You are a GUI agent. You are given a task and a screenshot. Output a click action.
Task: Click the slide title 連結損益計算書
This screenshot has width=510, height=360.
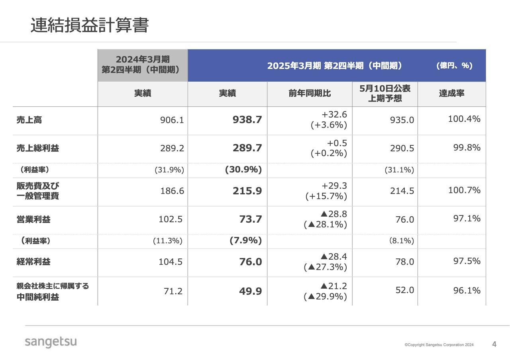(89, 25)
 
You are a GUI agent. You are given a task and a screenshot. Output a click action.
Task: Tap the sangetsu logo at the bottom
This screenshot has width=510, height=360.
(51, 342)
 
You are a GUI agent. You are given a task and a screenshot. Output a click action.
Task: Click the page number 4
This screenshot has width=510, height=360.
(494, 344)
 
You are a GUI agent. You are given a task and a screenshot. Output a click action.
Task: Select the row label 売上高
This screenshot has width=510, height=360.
(29, 120)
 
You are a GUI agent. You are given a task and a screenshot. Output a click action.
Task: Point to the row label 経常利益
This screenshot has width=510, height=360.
(33, 262)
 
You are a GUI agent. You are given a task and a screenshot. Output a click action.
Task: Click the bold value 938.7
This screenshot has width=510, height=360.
(247, 120)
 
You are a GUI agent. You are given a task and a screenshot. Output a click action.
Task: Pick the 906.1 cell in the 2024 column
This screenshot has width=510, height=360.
(172, 120)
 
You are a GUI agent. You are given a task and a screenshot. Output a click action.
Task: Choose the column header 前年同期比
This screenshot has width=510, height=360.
(310, 94)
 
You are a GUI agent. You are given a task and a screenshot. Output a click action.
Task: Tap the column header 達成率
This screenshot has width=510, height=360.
(451, 94)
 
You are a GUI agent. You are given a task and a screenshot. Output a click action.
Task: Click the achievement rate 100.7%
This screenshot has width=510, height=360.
(464, 190)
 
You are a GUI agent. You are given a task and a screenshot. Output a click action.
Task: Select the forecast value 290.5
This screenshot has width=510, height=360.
(402, 148)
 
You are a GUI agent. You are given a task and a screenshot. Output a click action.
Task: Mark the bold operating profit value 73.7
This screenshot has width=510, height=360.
(250, 219)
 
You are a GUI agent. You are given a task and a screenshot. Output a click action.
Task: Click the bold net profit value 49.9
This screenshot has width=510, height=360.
(250, 291)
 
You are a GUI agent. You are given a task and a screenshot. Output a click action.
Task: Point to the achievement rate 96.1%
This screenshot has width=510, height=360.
(467, 290)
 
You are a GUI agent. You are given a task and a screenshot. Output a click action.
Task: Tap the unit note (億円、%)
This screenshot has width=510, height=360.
(454, 66)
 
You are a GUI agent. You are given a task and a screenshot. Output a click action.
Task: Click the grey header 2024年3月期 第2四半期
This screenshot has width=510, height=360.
(143, 64)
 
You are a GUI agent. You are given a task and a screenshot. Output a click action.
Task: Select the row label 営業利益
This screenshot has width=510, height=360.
(33, 219)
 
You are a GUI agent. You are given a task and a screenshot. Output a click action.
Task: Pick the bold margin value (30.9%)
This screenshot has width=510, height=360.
(243, 170)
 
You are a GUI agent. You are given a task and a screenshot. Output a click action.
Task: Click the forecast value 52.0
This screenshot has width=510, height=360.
(405, 290)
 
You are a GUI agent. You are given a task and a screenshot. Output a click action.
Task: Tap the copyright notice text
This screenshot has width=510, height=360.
(439, 345)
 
